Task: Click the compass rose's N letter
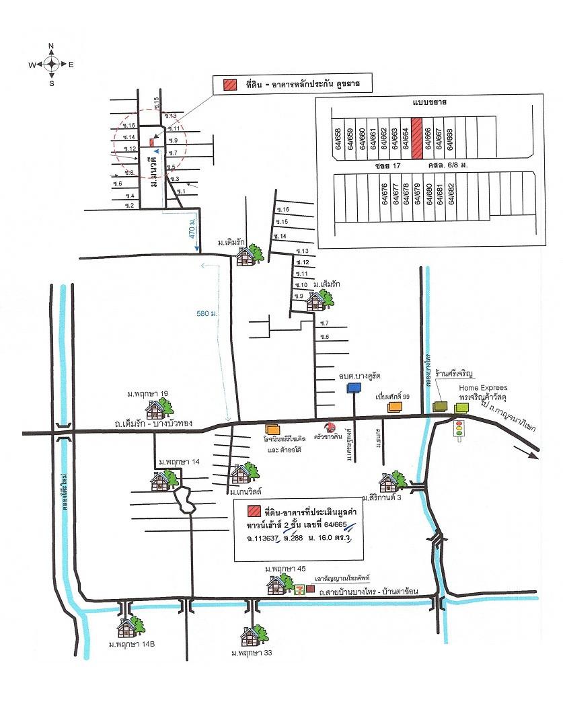click(x=52, y=46)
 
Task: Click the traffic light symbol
click(x=460, y=428)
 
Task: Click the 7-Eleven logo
click(x=299, y=589)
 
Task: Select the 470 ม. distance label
click(x=192, y=231)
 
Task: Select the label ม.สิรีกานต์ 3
click(x=385, y=498)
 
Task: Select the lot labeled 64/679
click(x=416, y=194)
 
